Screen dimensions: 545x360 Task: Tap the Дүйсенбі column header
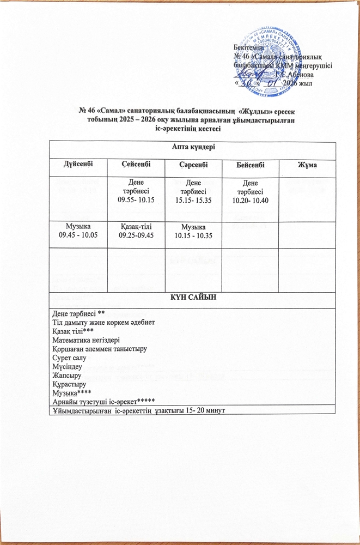77,164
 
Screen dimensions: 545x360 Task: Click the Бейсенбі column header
250,164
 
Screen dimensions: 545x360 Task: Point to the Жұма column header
308,164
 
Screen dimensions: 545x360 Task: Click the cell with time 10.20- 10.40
250,192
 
